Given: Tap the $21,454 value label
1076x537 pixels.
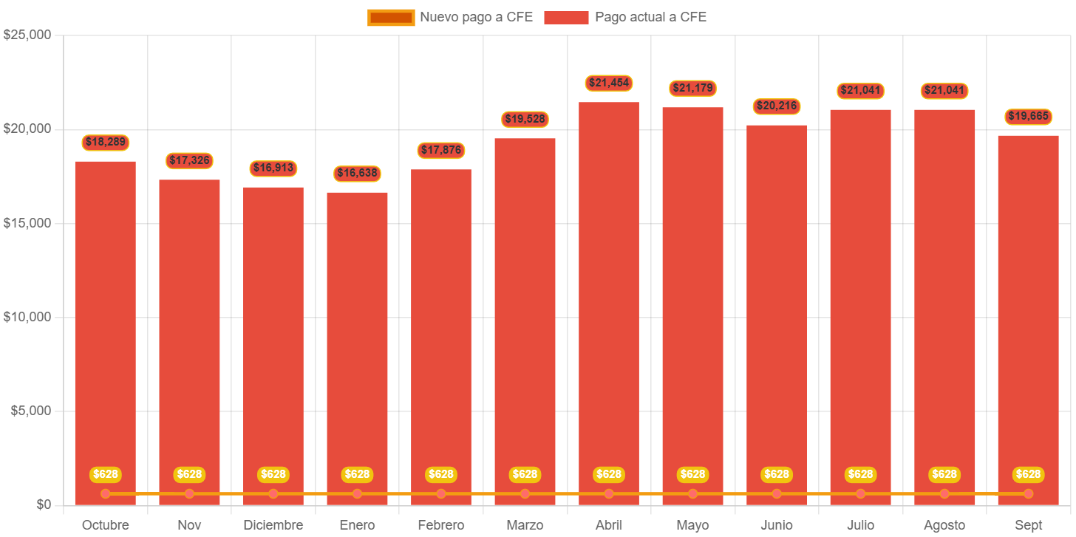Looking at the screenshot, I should pos(609,83).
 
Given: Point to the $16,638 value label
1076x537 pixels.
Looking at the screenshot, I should pos(357,174).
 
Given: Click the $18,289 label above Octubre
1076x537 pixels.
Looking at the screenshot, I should pos(106,142).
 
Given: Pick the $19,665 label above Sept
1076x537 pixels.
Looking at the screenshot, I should pos(1028,116).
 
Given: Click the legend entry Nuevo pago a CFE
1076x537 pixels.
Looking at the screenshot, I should pos(450,17).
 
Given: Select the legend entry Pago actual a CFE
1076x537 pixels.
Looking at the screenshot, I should pos(625,17).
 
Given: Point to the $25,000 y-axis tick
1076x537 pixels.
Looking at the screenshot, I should pos(27,35).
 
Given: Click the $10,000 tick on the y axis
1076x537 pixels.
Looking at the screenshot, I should pos(27,317).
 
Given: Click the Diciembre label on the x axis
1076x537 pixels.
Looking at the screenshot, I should pos(273,525).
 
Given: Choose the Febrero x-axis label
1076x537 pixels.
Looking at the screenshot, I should pos(441,525).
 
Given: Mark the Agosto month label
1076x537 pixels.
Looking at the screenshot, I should pos(944,525).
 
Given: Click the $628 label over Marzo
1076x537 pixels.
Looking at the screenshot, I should pos(525,474).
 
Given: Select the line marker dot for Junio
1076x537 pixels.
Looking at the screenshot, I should pos(777,493).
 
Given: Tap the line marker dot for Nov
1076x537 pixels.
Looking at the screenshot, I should pos(189,493).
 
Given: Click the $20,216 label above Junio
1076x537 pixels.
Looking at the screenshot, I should pos(777,106).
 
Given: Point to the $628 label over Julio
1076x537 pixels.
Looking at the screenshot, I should pos(860,474).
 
